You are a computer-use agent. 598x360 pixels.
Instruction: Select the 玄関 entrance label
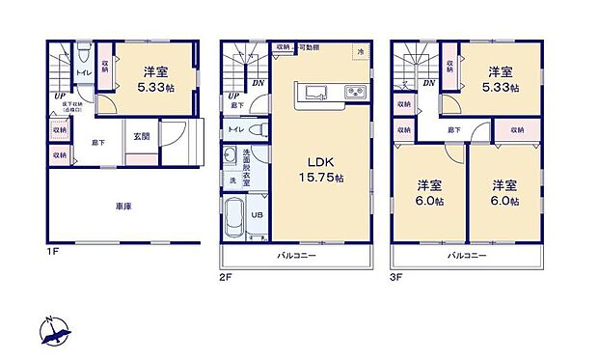click(142, 136)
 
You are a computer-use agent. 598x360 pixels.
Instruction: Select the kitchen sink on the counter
click(315, 93)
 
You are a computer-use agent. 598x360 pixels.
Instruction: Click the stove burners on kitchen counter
click(353, 93)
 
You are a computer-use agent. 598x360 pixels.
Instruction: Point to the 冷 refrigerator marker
click(360, 52)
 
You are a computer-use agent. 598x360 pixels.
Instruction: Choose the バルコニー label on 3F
click(465, 256)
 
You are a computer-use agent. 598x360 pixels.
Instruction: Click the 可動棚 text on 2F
click(310, 46)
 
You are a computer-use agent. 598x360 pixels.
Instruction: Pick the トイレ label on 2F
click(235, 128)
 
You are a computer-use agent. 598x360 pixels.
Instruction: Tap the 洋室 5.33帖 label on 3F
click(500, 79)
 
